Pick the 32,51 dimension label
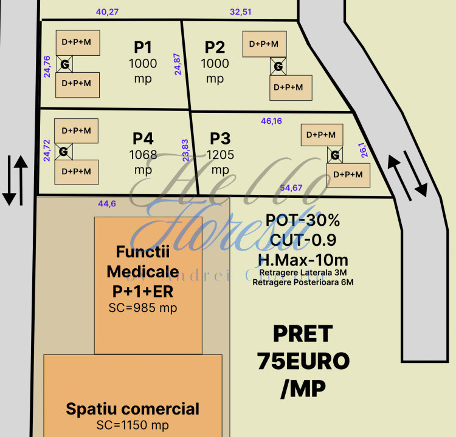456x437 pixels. point(241,12)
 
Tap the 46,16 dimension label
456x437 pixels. point(271,121)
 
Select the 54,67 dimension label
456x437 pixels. point(291,188)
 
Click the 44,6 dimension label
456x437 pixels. point(106,203)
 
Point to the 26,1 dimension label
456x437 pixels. point(363,149)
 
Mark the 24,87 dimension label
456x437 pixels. point(178,64)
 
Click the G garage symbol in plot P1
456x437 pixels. point(64,64)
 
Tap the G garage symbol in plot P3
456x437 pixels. point(334,155)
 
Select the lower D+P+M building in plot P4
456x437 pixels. point(77,172)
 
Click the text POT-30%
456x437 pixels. point(303,220)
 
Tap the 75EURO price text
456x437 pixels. point(303,361)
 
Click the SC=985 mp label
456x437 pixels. point(142,308)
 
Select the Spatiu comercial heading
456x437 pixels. point(133,408)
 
